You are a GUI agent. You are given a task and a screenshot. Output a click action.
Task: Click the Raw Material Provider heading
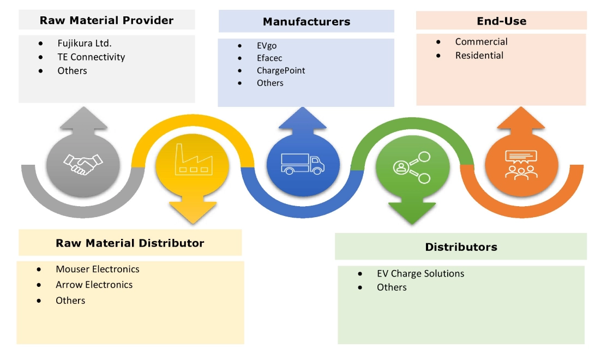[x=106, y=21]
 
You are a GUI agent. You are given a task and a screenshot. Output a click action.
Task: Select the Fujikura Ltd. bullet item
[x=85, y=43]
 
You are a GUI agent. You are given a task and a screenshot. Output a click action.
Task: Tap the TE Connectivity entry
[x=91, y=57]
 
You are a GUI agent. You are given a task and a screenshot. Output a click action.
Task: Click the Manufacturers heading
[x=306, y=22]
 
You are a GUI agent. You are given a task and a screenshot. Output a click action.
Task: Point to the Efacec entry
[x=269, y=58]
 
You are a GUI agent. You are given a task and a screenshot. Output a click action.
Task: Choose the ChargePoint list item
[x=281, y=70]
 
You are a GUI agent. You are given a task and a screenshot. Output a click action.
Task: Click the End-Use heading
[x=501, y=21]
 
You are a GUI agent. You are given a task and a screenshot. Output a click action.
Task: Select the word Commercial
[x=481, y=41]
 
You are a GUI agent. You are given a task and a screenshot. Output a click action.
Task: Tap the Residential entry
[x=479, y=55]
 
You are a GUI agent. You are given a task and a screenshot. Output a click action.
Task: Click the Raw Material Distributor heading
[x=130, y=243]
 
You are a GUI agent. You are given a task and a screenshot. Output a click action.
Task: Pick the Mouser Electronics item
[x=97, y=269]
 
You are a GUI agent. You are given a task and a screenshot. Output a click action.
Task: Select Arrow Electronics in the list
[x=94, y=285]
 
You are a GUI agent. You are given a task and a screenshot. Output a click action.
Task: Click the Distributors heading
[x=461, y=247]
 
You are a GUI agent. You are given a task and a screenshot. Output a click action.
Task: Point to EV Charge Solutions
[x=420, y=273]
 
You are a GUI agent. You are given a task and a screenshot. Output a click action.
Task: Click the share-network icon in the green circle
[x=411, y=165]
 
